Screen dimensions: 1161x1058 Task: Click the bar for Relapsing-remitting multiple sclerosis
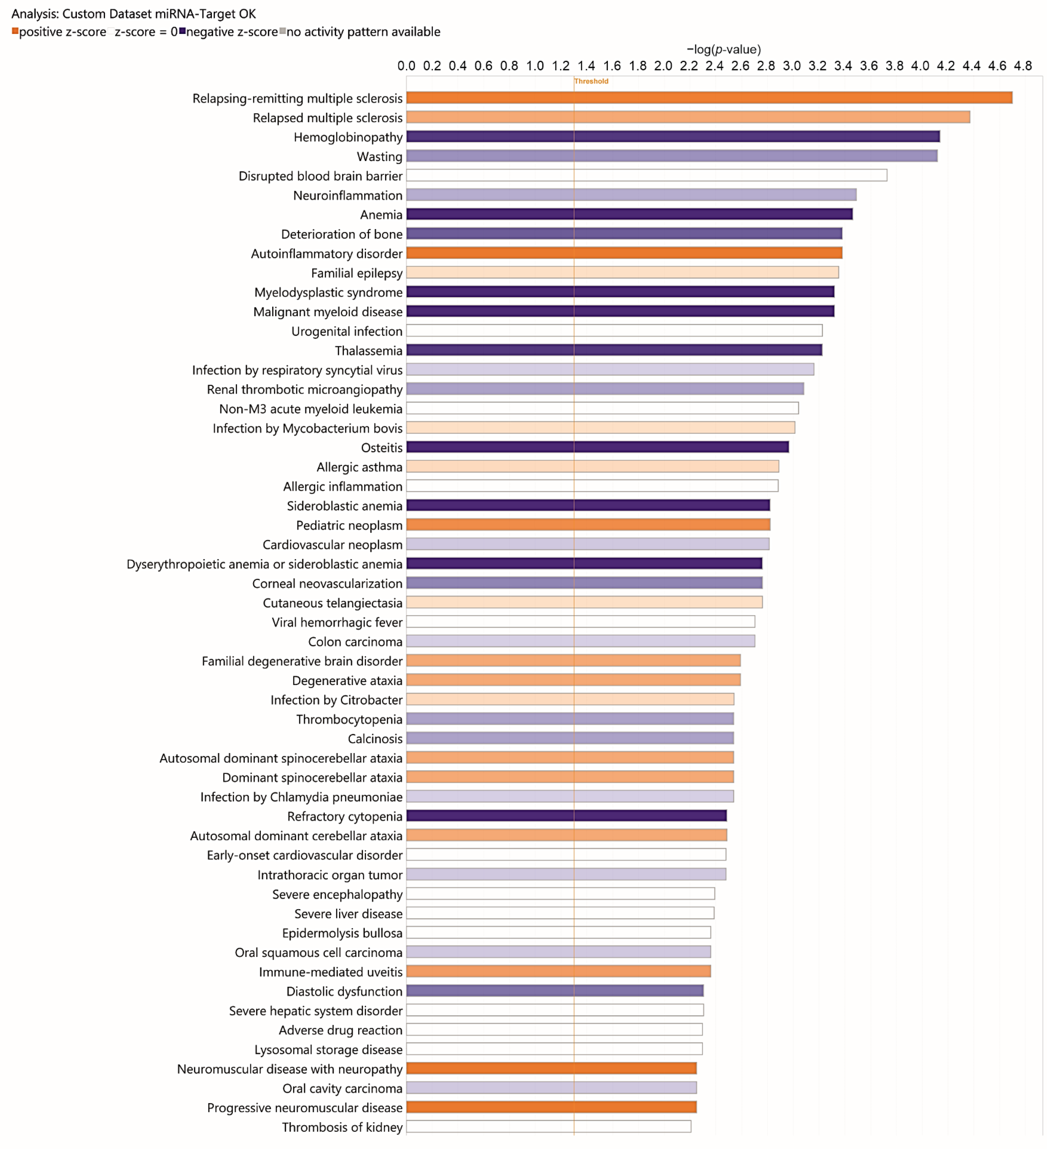(709, 98)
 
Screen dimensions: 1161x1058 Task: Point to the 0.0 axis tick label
(406, 66)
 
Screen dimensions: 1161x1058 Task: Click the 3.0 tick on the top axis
(791, 66)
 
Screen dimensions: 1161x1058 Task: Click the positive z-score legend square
(15, 31)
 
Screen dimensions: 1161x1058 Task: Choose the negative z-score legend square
(182, 31)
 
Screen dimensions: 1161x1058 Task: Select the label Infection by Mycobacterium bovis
(307, 428)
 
